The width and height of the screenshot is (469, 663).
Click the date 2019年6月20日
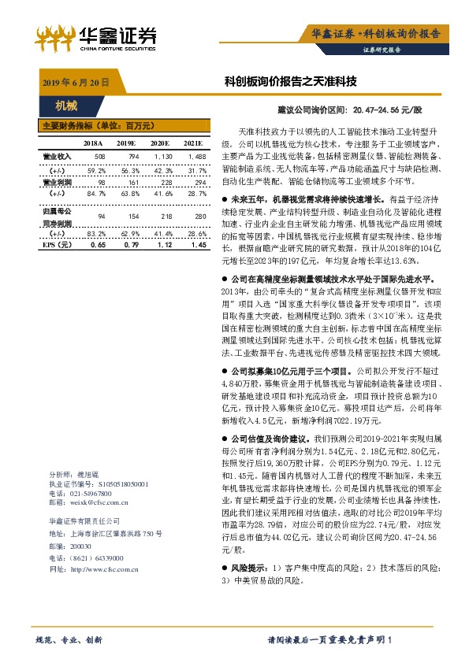(x=75, y=82)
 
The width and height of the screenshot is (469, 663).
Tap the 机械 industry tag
(x=66, y=105)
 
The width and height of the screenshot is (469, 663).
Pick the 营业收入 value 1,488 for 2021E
(x=196, y=157)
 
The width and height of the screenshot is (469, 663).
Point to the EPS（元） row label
(x=56, y=246)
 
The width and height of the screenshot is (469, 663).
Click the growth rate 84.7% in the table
(x=96, y=193)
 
